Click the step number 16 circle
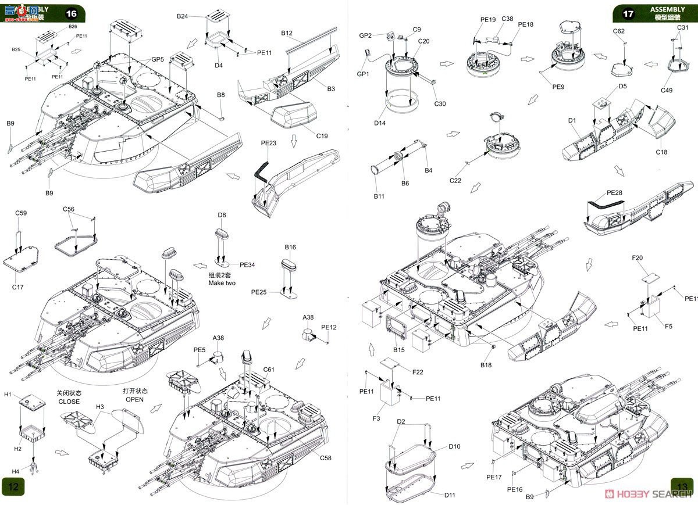[x=71, y=13]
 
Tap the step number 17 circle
[x=628, y=13]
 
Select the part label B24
[x=183, y=16]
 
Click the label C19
[x=322, y=136]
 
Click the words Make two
[x=222, y=283]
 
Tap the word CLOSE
[x=69, y=402]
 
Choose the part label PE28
[x=614, y=192]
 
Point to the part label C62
[x=618, y=31]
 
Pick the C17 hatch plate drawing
[x=22, y=260]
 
